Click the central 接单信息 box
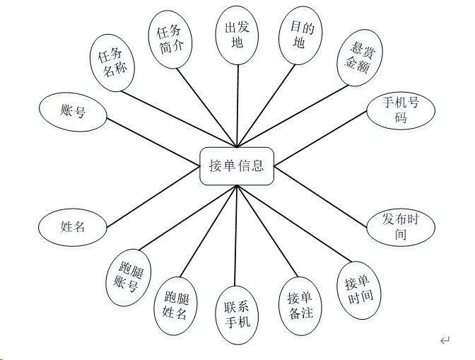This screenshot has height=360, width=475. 236,166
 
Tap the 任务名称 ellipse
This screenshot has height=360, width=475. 113,63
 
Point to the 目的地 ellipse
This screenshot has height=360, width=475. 299,35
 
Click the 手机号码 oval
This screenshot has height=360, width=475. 401,110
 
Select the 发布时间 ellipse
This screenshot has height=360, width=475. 400,226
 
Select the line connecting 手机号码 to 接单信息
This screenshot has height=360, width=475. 322,139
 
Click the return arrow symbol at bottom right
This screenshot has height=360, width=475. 445,341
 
